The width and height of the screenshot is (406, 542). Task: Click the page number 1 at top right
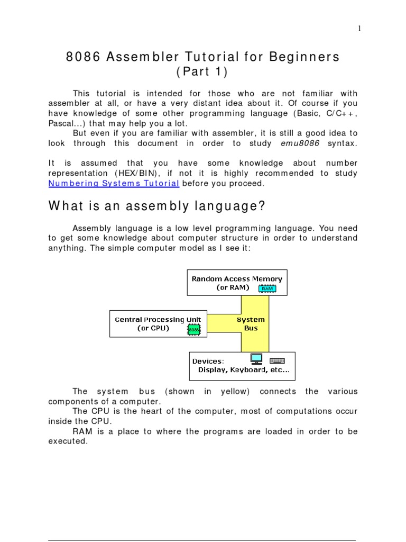pyautogui.click(x=359, y=29)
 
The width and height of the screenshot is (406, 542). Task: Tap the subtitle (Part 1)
pyautogui.click(x=203, y=71)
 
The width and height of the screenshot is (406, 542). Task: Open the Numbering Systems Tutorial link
pyautogui.click(x=114, y=183)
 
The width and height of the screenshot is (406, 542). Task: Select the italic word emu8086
pyautogui.click(x=298, y=143)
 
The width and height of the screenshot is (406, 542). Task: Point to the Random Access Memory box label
pyautogui.click(x=237, y=278)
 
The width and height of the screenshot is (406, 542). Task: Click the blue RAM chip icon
pyautogui.click(x=267, y=288)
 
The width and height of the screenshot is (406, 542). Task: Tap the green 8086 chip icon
pyautogui.click(x=193, y=330)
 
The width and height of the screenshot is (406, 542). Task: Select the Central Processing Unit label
pyautogui.click(x=156, y=319)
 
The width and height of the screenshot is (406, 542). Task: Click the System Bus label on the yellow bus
pyautogui.click(x=251, y=323)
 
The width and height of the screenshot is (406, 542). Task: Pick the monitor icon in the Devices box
pyautogui.click(x=256, y=359)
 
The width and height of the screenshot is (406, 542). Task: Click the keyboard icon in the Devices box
pyautogui.click(x=277, y=360)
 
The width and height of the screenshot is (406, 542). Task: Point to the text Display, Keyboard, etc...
pyautogui.click(x=244, y=370)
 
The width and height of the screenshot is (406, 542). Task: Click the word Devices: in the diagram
pyautogui.click(x=208, y=361)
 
